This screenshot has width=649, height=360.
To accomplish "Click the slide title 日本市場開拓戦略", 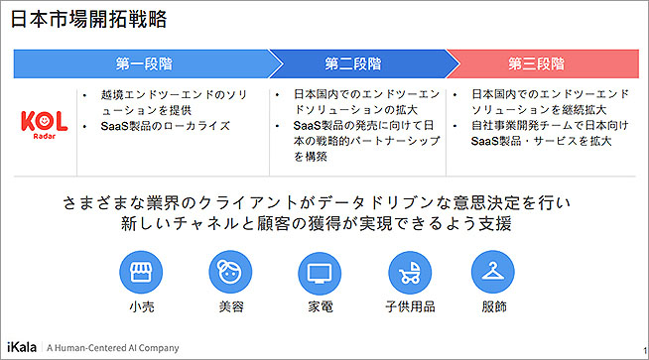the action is coord(88,20).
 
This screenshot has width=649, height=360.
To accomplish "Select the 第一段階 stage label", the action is coord(144,64).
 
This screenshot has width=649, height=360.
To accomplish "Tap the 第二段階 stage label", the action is coord(352,64).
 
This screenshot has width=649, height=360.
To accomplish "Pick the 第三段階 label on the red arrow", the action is coord(537,64).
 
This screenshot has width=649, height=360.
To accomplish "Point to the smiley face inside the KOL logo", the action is coord(44,121).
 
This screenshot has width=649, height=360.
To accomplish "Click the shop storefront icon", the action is coord(141,272).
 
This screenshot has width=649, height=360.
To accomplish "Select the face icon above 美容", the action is coord(230,272).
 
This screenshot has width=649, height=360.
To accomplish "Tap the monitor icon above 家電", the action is coord(320,273).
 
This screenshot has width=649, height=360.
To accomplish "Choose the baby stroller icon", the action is coord(410,273).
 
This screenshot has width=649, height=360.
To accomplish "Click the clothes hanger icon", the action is coord(492,272).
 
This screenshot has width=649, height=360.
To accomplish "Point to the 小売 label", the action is coord(142,306).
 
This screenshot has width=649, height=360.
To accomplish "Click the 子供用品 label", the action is coord(410,306).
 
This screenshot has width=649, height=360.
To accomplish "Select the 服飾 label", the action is coord(494,306).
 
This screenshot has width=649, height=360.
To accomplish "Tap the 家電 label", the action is coord(321,306).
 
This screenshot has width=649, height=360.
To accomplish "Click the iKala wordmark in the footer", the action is coord(22,347).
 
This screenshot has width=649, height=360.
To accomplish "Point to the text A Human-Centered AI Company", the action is coord(112,348).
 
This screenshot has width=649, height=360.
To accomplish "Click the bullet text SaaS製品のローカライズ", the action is coord(165,126).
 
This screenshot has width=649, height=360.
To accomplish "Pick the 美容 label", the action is coord(231,306).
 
